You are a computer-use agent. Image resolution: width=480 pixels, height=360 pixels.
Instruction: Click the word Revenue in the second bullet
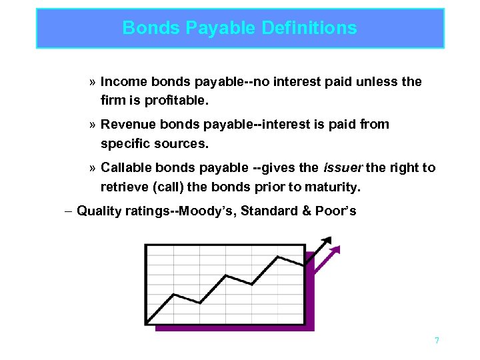tap(127, 125)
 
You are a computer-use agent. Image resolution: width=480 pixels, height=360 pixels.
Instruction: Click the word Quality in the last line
tap(99, 211)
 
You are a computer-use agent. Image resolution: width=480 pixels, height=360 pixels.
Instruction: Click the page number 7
tap(437, 341)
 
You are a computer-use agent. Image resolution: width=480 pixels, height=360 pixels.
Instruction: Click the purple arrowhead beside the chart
tap(335, 250)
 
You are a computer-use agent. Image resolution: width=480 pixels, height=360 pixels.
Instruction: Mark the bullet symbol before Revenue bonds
tap(92, 125)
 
